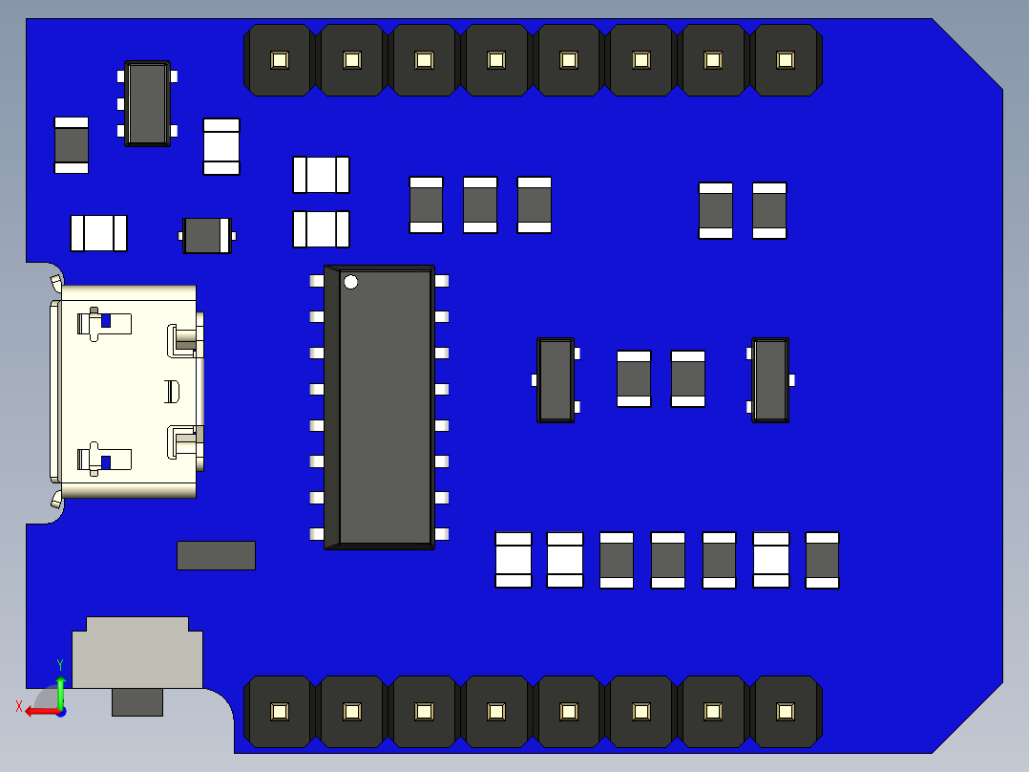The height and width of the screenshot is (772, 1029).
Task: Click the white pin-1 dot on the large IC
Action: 351,282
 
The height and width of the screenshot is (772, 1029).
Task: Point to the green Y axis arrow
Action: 60,690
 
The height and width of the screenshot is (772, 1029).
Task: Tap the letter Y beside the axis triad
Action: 60,664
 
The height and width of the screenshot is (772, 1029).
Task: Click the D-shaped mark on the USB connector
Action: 173,391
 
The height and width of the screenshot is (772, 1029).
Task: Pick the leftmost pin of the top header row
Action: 279,60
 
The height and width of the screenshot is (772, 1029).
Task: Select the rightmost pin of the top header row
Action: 786,60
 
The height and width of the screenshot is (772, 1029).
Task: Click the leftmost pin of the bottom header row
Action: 279,712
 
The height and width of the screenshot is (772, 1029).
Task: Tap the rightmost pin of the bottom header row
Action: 786,712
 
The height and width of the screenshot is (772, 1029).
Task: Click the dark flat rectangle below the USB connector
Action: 216,556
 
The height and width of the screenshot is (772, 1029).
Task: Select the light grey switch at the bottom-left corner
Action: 138,654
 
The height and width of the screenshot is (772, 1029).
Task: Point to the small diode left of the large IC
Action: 207,235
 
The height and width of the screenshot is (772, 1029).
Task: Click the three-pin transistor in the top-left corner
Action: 148,103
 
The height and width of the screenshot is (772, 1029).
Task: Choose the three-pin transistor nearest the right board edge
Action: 770,379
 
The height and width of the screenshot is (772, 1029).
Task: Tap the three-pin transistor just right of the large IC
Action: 556,379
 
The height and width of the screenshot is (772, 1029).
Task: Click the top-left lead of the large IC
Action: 317,281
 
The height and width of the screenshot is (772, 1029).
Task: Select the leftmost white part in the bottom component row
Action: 514,560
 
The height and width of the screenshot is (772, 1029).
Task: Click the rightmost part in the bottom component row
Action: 822,560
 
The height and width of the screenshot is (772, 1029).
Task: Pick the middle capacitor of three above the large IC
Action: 480,204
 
